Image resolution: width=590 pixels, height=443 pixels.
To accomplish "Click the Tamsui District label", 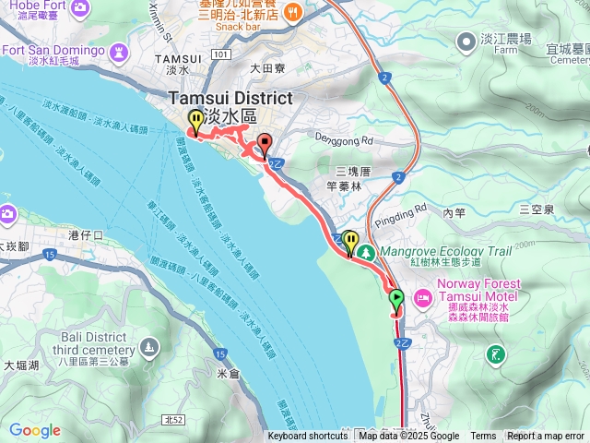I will tap(230, 99).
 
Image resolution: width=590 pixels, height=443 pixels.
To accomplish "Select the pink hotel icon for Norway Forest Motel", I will tap(423, 297).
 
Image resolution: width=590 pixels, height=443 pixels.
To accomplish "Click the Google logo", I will tap(34, 430).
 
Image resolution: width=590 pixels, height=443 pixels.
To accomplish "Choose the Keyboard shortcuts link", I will tap(308, 437).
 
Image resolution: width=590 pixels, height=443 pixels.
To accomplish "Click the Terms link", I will tap(483, 437).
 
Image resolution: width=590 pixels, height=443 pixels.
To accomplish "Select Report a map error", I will tap(546, 437).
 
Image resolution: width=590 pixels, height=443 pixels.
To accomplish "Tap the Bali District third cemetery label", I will tap(68, 345).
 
